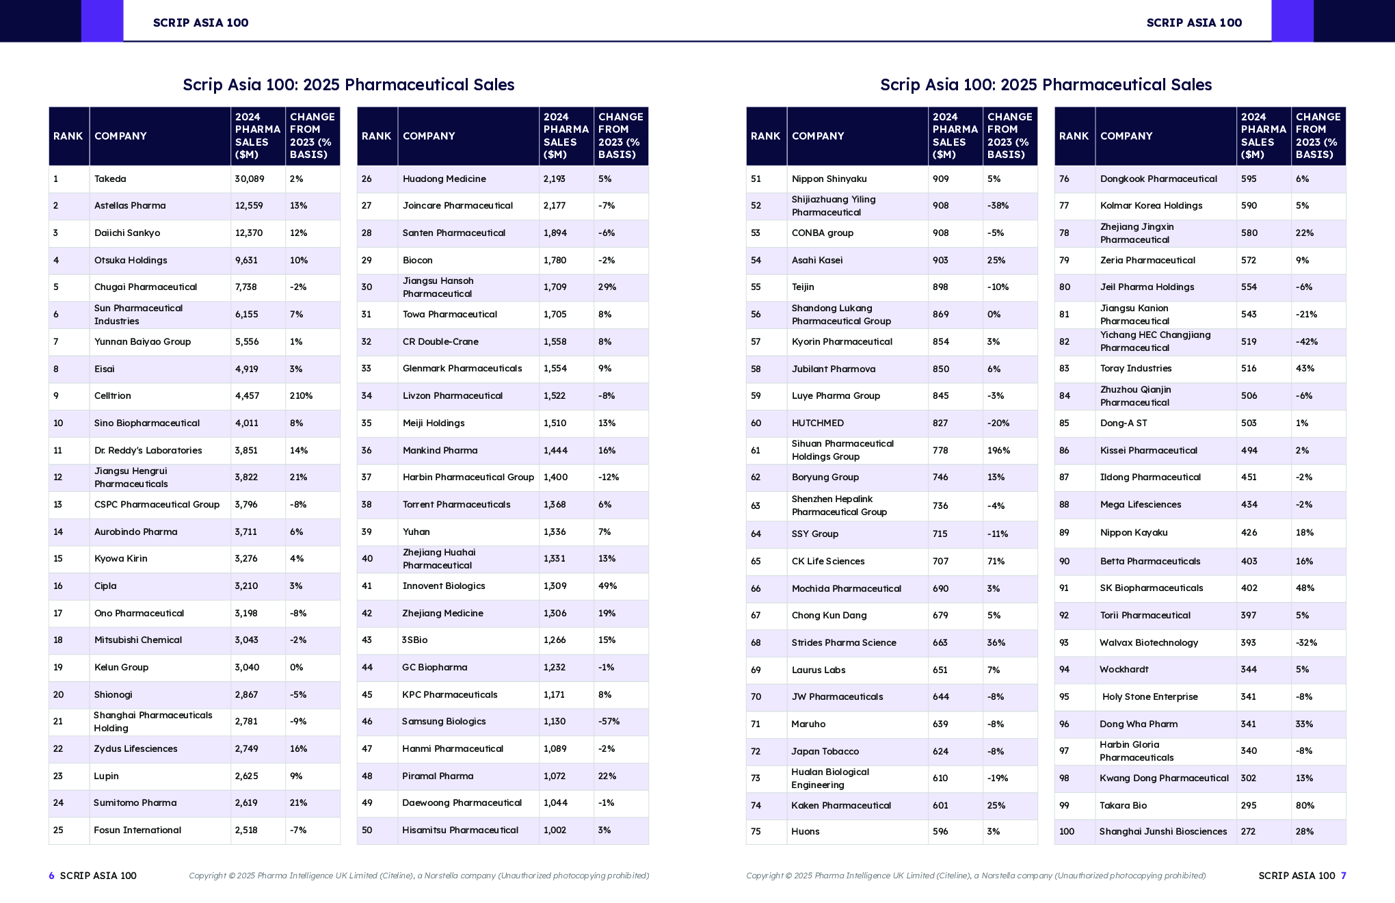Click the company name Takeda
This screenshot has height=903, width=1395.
[x=110, y=179]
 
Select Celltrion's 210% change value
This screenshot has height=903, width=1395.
[x=301, y=396]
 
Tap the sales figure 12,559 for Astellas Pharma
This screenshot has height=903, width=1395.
[x=248, y=206]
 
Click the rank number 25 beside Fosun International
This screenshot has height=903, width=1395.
[x=58, y=830]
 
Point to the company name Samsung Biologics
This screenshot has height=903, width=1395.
[x=444, y=722]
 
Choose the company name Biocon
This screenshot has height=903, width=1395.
[x=417, y=261]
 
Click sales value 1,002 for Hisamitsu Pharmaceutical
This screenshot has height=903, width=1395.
[x=555, y=830]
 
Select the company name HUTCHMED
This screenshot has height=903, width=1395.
[x=818, y=423]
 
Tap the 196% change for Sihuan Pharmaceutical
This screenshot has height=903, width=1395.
[x=998, y=451]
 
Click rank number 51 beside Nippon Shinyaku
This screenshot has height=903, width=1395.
[x=756, y=179]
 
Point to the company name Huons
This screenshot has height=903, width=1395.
[x=806, y=832]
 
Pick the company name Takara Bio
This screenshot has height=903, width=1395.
[x=1123, y=806]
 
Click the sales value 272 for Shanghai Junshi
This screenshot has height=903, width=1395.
[x=1248, y=832]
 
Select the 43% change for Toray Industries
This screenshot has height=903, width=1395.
[x=1305, y=369]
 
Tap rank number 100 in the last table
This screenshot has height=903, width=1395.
[x=1066, y=832]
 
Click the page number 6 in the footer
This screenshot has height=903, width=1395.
[x=51, y=876]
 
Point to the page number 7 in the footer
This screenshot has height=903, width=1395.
[x=1343, y=876]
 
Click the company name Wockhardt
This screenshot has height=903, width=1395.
[x=1124, y=670]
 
